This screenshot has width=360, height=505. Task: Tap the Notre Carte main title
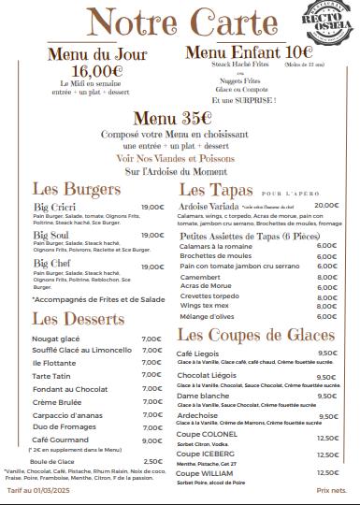tap(177, 22)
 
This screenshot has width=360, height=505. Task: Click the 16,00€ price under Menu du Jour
tap(97, 70)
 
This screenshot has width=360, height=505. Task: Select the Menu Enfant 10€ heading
tap(249, 51)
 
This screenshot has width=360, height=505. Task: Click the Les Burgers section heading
tap(77, 188)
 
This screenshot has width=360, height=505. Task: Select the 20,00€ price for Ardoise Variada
tap(326, 205)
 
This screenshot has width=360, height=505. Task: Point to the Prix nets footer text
tap(331, 490)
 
